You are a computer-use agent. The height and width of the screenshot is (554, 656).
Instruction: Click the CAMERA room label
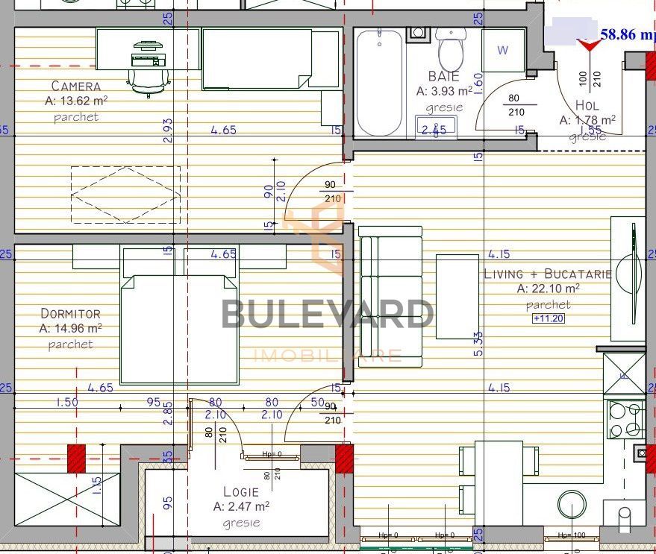[x=75, y=86]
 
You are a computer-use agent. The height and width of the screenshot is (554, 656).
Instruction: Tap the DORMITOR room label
[x=70, y=314]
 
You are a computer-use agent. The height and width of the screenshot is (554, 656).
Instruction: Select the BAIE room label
[x=444, y=76]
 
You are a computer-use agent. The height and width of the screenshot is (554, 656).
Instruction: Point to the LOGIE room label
[x=241, y=492]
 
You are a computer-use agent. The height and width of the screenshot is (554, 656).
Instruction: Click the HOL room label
[x=587, y=106]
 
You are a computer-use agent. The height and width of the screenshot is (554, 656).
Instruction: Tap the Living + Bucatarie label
[x=548, y=274]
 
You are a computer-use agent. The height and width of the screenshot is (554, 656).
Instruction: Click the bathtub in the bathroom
[x=379, y=82]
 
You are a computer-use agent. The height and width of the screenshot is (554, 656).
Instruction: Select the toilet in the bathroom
[x=451, y=49]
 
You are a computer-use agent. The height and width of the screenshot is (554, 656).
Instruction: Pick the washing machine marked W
[x=503, y=51]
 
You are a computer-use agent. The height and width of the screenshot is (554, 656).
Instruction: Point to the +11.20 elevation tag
[x=548, y=318]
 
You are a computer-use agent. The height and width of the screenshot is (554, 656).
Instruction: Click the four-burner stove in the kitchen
[x=625, y=420]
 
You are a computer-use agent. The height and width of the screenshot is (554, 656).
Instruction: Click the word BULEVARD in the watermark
[x=327, y=314]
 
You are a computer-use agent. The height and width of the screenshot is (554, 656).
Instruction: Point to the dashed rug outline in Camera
[x=125, y=194]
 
